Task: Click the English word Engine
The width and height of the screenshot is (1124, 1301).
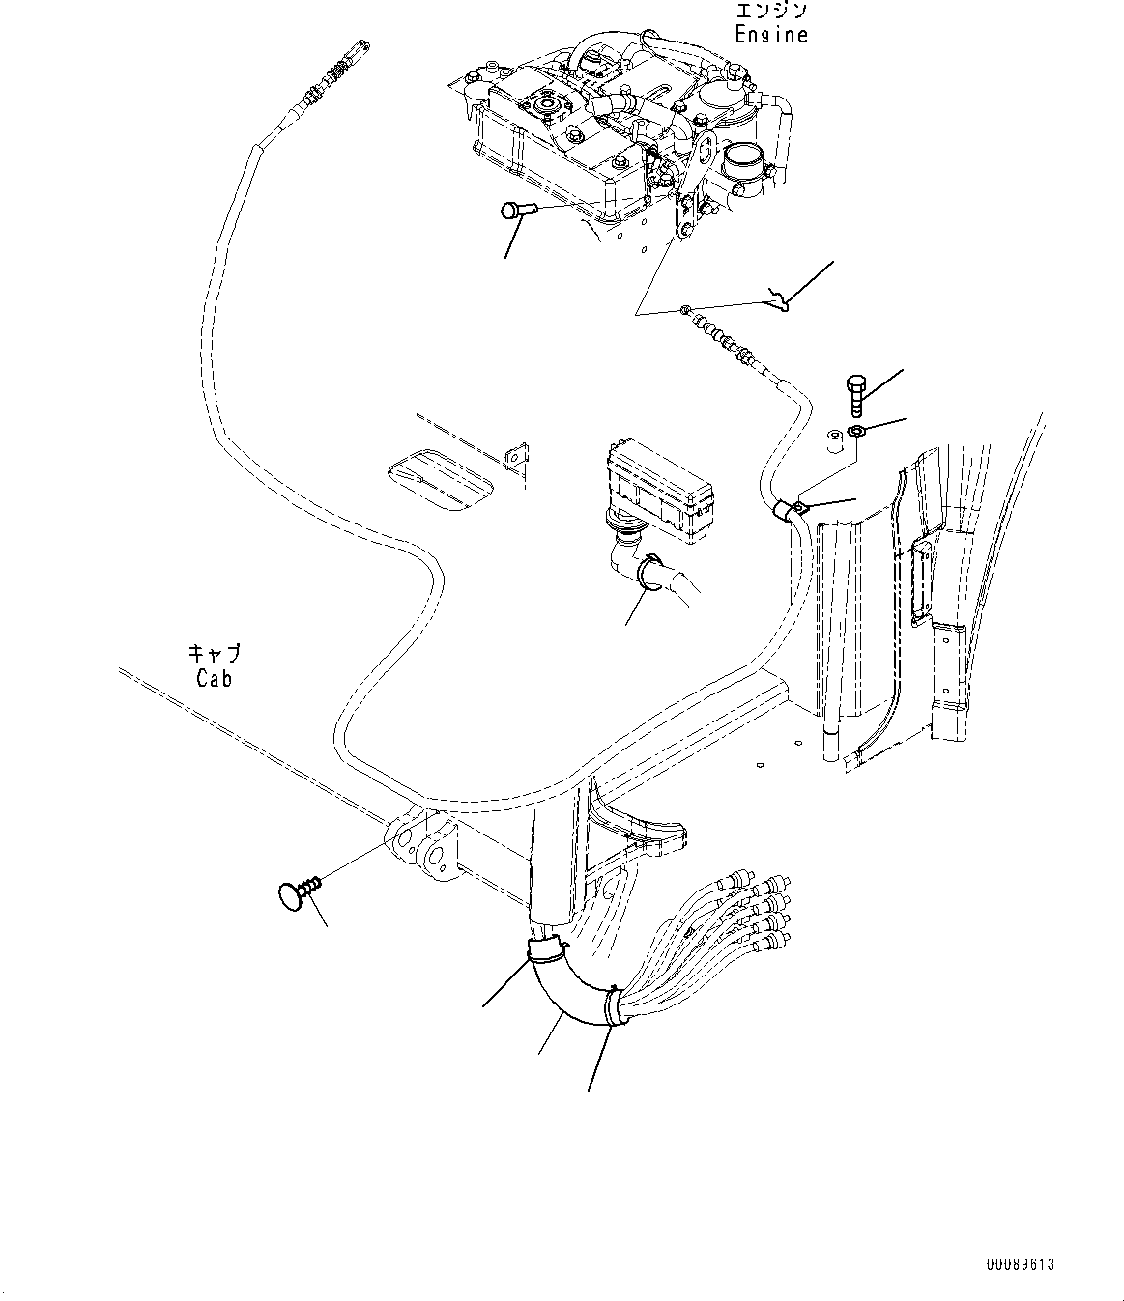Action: [771, 34]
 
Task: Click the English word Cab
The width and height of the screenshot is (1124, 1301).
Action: [215, 678]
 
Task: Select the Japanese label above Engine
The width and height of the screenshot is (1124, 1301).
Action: [770, 10]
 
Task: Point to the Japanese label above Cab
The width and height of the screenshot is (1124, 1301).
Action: [215, 653]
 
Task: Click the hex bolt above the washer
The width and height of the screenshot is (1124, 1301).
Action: [857, 396]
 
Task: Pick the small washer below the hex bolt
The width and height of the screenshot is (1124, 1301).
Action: [855, 431]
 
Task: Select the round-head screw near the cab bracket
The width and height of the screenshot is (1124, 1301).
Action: [299, 891]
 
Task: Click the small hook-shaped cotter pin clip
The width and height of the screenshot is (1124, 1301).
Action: [780, 299]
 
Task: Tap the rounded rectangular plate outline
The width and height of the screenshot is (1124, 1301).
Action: [440, 480]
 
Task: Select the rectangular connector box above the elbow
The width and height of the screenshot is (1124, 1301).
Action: [659, 492]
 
